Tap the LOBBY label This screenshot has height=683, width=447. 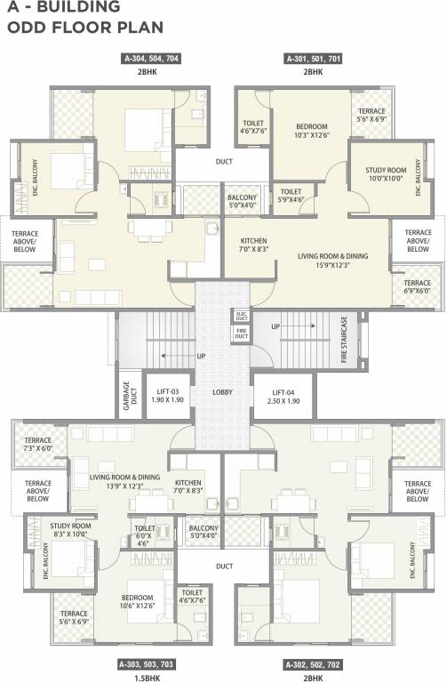tap(223, 391)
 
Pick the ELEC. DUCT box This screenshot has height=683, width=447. tap(241, 315)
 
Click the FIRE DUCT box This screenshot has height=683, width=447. tap(241, 333)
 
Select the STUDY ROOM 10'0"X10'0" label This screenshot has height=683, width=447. tap(386, 173)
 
